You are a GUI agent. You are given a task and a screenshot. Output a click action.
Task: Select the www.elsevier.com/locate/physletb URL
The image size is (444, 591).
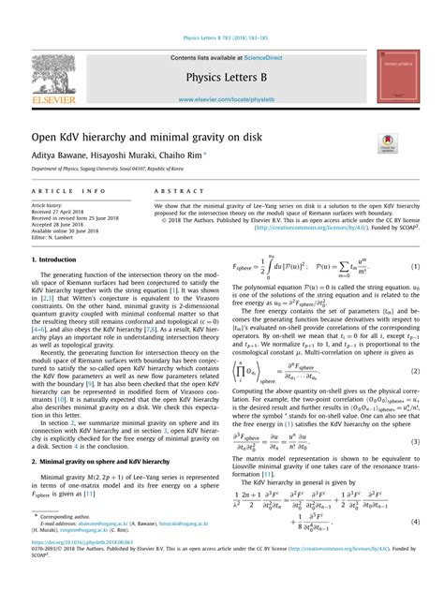coord(221,98)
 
